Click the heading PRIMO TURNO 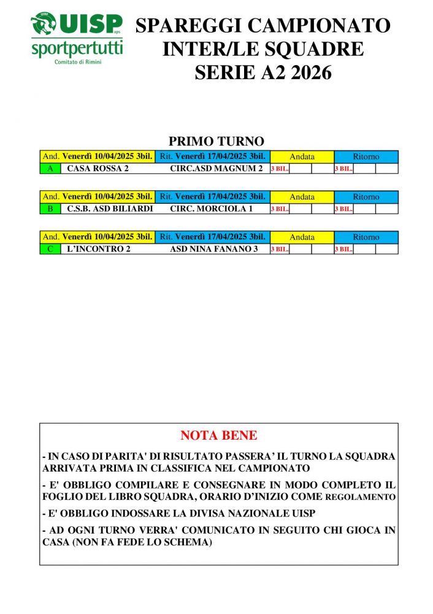pyautogui.click(x=216, y=142)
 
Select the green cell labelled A pyautogui.click(x=50, y=168)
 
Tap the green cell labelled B pyautogui.click(x=50, y=209)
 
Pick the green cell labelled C pyautogui.click(x=50, y=249)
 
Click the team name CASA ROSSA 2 pyautogui.click(x=98, y=168)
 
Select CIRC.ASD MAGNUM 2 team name pyautogui.click(x=216, y=168)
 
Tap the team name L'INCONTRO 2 pyautogui.click(x=99, y=249)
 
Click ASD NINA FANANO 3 pyautogui.click(x=213, y=249)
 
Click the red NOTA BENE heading pyautogui.click(x=218, y=436)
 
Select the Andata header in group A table pyautogui.click(x=302, y=157)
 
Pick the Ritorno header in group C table pyautogui.click(x=366, y=237)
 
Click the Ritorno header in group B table pyautogui.click(x=366, y=197)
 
